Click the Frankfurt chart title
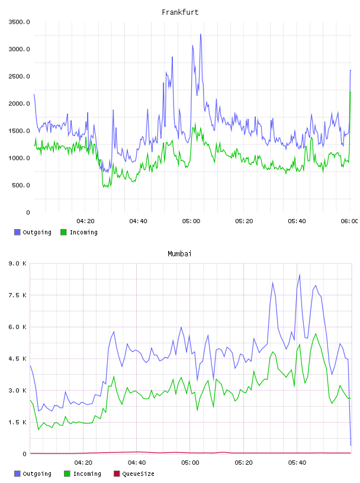pyautogui.click(x=180, y=12)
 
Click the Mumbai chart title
pyautogui.click(x=179, y=254)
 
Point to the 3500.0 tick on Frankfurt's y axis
pyautogui.click(x=19, y=22)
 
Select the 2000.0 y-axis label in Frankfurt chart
pyautogui.click(x=19, y=104)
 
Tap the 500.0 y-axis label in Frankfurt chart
pyautogui.click(x=21, y=185)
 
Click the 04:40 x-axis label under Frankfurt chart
pyautogui.click(x=138, y=221)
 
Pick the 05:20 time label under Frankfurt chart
pyautogui.click(x=244, y=221)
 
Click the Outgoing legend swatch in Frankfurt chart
pyautogui.click(x=17, y=232)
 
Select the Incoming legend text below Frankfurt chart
pyautogui.click(x=83, y=232)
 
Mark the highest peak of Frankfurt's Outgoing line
pyautogui.click(x=201, y=34)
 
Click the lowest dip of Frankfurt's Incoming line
pyautogui.click(x=107, y=186)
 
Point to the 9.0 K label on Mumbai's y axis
pyautogui.click(x=17, y=263)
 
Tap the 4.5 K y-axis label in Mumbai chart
pyautogui.click(x=17, y=359)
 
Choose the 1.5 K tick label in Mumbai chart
pyautogui.click(x=17, y=422)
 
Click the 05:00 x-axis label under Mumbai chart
pyautogui.click(x=190, y=462)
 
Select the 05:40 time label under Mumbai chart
pyautogui.click(x=297, y=462)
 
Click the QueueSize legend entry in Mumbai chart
pyautogui.click(x=134, y=474)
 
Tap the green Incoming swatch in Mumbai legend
pyautogui.click(x=67, y=474)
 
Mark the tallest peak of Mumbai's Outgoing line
pyautogui.click(x=300, y=275)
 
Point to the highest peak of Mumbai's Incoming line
pyautogui.click(x=316, y=334)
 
